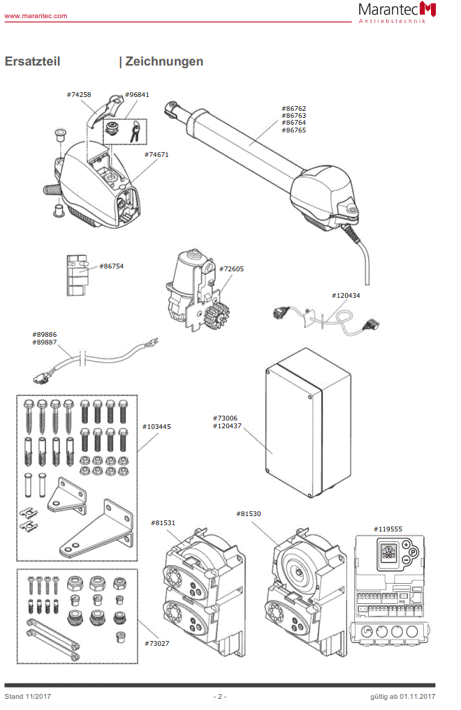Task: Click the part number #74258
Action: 79,94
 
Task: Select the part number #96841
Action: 137,94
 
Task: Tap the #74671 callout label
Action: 156,154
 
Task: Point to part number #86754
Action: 112,266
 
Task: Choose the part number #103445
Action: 156,426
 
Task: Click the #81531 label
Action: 163,522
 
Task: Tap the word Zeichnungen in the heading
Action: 164,61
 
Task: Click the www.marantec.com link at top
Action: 36,15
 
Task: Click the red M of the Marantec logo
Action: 427,9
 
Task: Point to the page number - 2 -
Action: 220,696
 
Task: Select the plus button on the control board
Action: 406,544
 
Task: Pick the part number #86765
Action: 294,130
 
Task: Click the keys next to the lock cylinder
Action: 135,130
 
